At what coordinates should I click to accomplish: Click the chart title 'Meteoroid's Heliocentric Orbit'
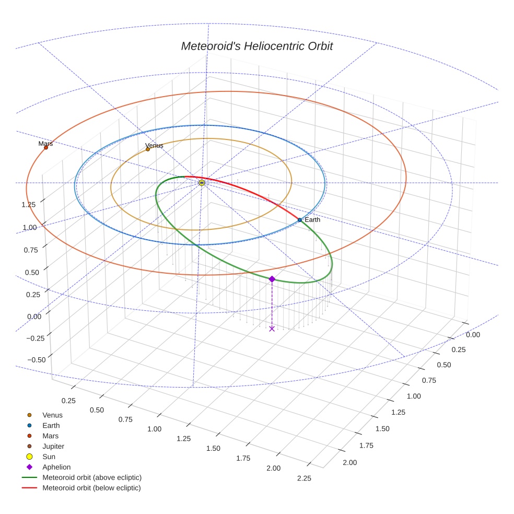[256, 46]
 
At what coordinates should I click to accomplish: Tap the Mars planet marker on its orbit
[46, 147]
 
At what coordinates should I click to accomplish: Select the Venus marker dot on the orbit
[148, 149]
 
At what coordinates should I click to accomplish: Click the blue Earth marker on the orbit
[300, 220]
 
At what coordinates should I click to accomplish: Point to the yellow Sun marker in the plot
[202, 183]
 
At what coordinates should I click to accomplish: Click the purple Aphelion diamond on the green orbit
[272, 279]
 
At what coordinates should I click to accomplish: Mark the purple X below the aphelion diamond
[272, 329]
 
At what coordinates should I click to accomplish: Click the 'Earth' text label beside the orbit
[312, 220]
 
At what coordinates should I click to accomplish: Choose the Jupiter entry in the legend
[53, 446]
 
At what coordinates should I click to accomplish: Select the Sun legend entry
[49, 457]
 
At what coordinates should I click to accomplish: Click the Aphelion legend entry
[56, 467]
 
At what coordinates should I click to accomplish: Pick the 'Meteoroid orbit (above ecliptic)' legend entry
[92, 477]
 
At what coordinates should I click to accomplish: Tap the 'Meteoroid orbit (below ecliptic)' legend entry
[91, 488]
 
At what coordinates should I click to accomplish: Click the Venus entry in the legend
[52, 415]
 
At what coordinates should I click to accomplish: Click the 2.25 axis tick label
[303, 478]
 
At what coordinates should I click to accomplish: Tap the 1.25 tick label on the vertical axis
[28, 204]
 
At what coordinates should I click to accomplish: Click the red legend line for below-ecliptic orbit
[29, 488]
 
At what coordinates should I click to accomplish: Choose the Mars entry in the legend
[50, 436]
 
